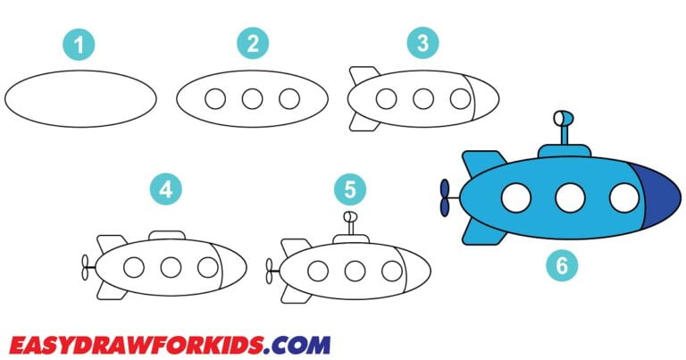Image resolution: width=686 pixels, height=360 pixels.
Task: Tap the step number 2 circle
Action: [x=253, y=43]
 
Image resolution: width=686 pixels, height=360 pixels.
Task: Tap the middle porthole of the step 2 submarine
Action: [x=252, y=98]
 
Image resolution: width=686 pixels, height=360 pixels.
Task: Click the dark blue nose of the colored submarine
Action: [x=658, y=198]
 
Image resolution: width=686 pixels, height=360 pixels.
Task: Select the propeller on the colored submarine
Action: [x=445, y=198]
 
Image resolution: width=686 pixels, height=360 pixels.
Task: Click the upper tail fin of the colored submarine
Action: [x=482, y=161]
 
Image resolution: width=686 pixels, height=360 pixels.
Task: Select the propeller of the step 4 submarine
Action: [x=86, y=266]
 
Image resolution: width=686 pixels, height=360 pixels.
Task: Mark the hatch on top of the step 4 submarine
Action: [x=167, y=235]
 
